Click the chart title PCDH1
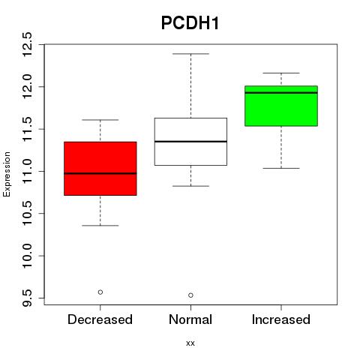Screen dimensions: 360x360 coord(190,23)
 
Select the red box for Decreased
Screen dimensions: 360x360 coord(100,169)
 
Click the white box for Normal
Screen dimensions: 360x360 coord(190,142)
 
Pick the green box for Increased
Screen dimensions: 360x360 coord(281,106)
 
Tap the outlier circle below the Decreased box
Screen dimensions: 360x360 coord(100,292)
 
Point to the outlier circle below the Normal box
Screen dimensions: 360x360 coord(190,295)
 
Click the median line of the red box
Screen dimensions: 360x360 coord(100,173)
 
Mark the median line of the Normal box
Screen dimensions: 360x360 coord(190,142)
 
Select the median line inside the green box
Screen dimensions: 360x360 coord(281,93)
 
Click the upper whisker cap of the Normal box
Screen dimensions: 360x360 coord(190,54)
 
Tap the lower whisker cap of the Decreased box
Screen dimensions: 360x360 coord(100,226)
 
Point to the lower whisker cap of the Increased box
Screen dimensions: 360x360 coord(281,168)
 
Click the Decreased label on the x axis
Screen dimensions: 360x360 coord(100,319)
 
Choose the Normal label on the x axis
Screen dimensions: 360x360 coord(190,319)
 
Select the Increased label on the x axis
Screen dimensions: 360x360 coord(281,319)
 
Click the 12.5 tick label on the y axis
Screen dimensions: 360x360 coord(27,44)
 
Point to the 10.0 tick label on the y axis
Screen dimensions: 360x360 coord(27,256)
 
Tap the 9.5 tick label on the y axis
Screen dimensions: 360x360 coord(27,298)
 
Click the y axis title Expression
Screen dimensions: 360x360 coord(7,174)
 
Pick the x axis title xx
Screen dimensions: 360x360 coord(190,343)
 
